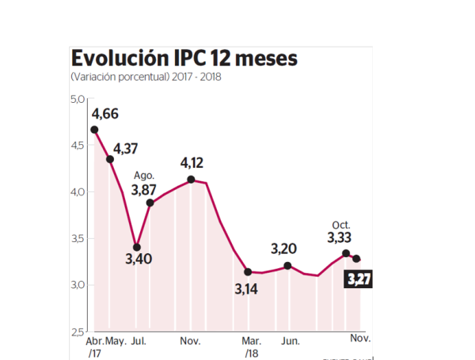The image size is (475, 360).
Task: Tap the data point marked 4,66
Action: [94, 130]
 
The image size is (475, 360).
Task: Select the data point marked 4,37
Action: [110, 159]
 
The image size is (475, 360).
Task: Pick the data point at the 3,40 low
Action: [137, 247]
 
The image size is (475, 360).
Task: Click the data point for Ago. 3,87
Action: [150, 203]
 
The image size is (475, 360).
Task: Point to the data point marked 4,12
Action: [192, 180]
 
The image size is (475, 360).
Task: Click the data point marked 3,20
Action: [288, 266]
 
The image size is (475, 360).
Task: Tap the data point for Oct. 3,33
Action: [346, 253]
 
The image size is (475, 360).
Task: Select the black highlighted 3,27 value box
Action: [359, 279]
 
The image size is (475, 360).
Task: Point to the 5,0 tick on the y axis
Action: [77, 99]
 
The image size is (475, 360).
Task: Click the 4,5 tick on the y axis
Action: [77, 146]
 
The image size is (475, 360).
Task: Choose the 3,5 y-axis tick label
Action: [77, 238]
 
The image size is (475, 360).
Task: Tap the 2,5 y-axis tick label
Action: [77, 331]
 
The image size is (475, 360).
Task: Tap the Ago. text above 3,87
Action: [143, 176]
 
